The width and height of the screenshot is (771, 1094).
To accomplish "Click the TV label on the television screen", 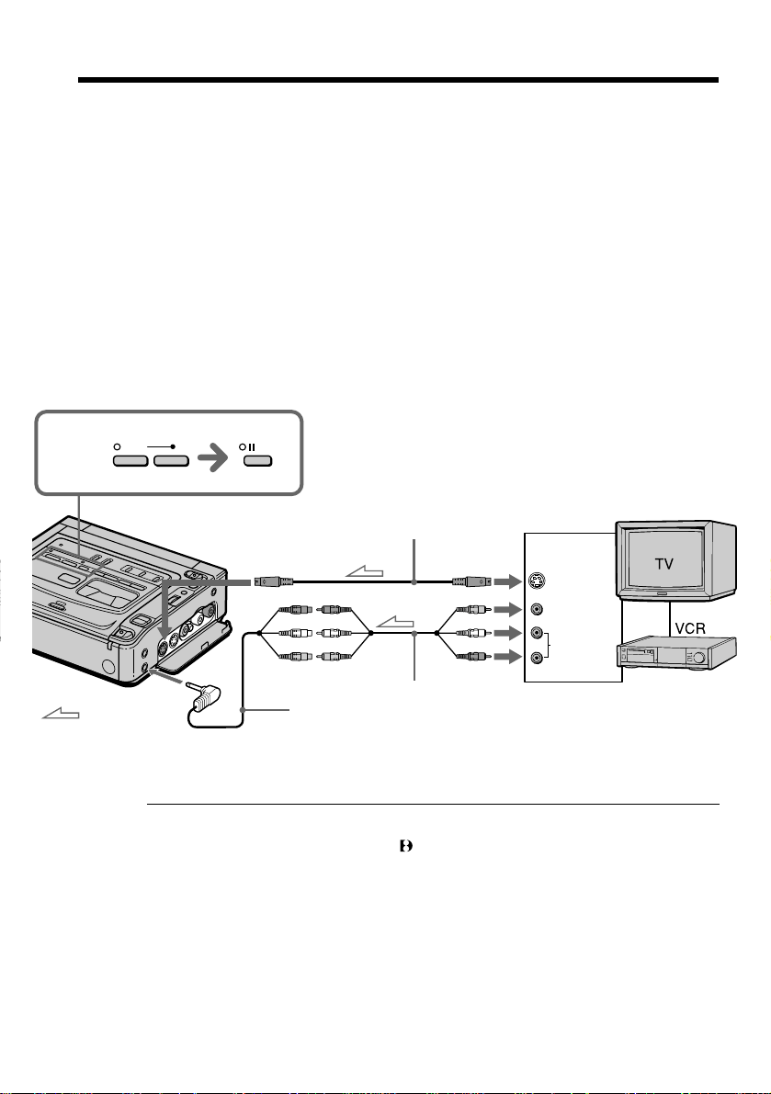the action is pyautogui.click(x=663, y=563).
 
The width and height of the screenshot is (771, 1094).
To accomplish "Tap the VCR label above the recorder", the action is pyautogui.click(x=690, y=628).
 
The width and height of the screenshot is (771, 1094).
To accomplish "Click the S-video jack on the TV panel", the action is pyautogui.click(x=537, y=581).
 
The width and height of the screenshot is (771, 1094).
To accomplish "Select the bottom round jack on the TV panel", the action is pyautogui.click(x=536, y=658).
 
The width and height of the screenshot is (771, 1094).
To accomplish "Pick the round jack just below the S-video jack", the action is pyautogui.click(x=536, y=610).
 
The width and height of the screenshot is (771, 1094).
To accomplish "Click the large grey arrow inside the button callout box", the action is pyautogui.click(x=213, y=459).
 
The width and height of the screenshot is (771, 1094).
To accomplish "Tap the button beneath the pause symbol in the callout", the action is pyautogui.click(x=258, y=460).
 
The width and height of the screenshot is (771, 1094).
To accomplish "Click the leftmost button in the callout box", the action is pyautogui.click(x=130, y=460).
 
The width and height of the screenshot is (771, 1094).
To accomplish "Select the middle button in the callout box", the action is pyautogui.click(x=172, y=460).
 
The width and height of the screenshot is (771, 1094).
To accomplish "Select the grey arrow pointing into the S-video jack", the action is pyautogui.click(x=507, y=581).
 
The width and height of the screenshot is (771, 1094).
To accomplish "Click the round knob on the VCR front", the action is pyautogui.click(x=697, y=658).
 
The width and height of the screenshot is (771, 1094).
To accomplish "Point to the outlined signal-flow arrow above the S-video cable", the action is pyautogui.click(x=364, y=572).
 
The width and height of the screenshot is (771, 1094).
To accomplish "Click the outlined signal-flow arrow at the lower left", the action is pyautogui.click(x=61, y=713).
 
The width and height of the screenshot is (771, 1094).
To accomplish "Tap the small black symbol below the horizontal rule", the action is pyautogui.click(x=405, y=846).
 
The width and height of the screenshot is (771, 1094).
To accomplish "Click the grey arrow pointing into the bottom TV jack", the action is pyautogui.click(x=507, y=658).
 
